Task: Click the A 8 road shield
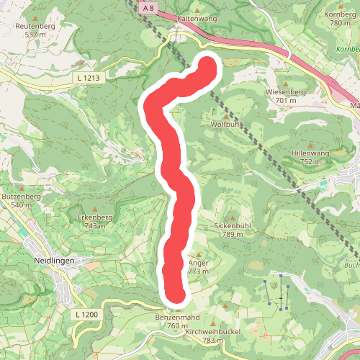click(x=148, y=7)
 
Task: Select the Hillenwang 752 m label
click(x=310, y=158)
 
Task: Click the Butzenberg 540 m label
click(x=18, y=200)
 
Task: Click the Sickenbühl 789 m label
click(x=233, y=230)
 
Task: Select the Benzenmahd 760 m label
click(x=177, y=321)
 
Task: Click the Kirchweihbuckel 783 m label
click(x=210, y=336)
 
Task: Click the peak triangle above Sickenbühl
click(x=233, y=215)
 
